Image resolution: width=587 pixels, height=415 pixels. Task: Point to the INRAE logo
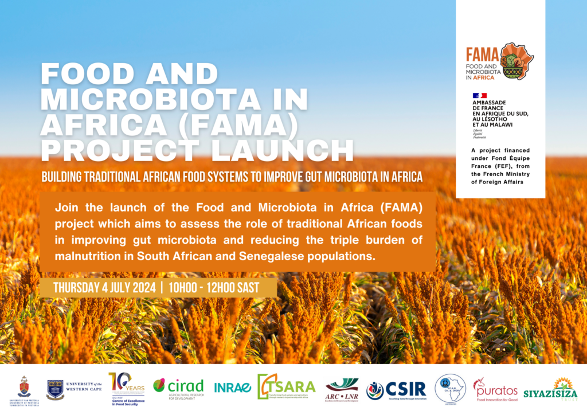click(x=232, y=387)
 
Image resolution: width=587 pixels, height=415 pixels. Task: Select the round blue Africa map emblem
click(x=450, y=389)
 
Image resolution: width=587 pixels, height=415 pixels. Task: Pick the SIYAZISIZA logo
click(x=558, y=389)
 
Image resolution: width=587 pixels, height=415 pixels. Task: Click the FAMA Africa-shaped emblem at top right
click(x=516, y=61)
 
